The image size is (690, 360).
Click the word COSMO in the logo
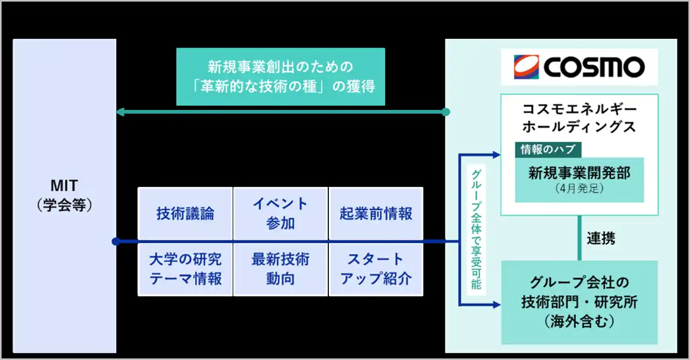[594, 67]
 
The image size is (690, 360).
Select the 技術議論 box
[185, 213]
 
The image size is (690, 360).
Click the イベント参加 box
[280, 213]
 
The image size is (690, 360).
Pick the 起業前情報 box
[376, 213]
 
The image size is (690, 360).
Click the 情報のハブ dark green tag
[548, 150]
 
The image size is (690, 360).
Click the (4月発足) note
[579, 190]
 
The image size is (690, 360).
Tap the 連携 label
[601, 239]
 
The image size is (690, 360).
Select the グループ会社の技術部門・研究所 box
[579, 302]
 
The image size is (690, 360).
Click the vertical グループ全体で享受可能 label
[476, 229]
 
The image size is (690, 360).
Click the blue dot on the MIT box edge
[115, 241]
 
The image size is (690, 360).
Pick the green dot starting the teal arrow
[445, 112]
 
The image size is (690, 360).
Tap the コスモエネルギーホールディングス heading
[579, 118]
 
